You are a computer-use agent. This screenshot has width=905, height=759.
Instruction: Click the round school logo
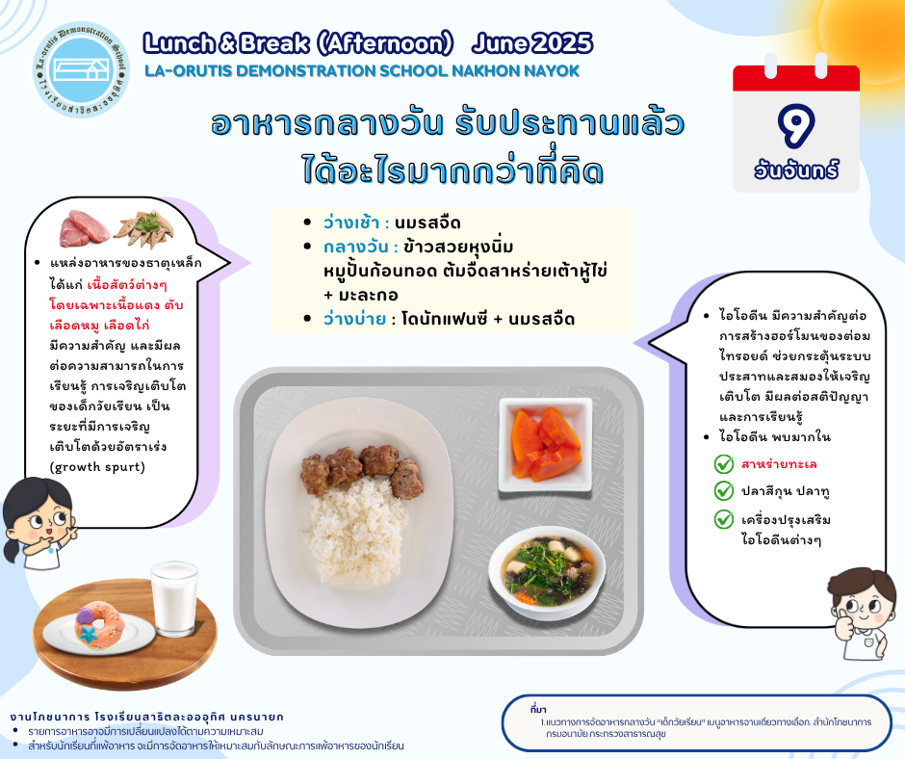(81, 69)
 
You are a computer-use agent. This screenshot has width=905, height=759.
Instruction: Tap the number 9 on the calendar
(796, 125)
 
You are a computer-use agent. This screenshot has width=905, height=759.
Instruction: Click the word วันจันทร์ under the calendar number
(796, 170)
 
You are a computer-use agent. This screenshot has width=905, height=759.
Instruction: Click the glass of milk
(173, 598)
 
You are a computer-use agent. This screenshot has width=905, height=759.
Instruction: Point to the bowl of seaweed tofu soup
(547, 569)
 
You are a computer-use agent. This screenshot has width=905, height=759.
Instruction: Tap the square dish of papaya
(546, 444)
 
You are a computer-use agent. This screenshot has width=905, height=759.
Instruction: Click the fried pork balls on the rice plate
(362, 470)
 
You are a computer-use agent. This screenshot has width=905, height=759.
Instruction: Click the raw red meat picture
(85, 228)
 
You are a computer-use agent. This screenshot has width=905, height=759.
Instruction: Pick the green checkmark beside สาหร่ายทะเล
(723, 464)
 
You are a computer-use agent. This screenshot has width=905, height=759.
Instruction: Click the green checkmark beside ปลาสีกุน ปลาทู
(723, 491)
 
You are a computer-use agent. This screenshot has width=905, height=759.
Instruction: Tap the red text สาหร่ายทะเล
(779, 464)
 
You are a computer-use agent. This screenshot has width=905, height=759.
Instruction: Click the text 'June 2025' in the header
(532, 43)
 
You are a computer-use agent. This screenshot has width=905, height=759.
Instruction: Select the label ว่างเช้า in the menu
(350, 222)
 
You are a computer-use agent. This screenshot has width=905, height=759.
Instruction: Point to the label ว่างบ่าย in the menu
(354, 319)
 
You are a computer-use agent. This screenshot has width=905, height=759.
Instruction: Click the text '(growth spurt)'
(97, 467)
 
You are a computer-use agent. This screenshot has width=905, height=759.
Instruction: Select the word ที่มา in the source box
(537, 710)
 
